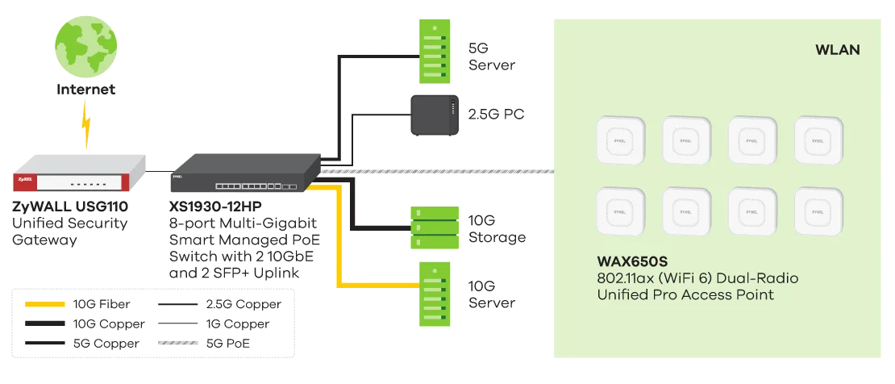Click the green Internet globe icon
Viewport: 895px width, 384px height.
pos(83,40)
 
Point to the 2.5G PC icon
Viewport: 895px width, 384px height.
pos(434,114)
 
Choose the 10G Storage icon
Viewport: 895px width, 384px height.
pos(435,227)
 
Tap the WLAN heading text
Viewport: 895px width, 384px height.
pos(838,50)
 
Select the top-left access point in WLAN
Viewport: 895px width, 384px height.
pos(621,142)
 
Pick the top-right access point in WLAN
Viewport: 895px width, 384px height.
pos(819,142)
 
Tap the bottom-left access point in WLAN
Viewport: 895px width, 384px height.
pos(621,212)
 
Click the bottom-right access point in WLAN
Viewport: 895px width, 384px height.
pos(819,212)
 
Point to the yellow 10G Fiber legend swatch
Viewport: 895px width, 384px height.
pos(45,304)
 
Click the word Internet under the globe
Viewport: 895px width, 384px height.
pos(83,90)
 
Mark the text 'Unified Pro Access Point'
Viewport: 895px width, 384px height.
pos(685,294)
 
